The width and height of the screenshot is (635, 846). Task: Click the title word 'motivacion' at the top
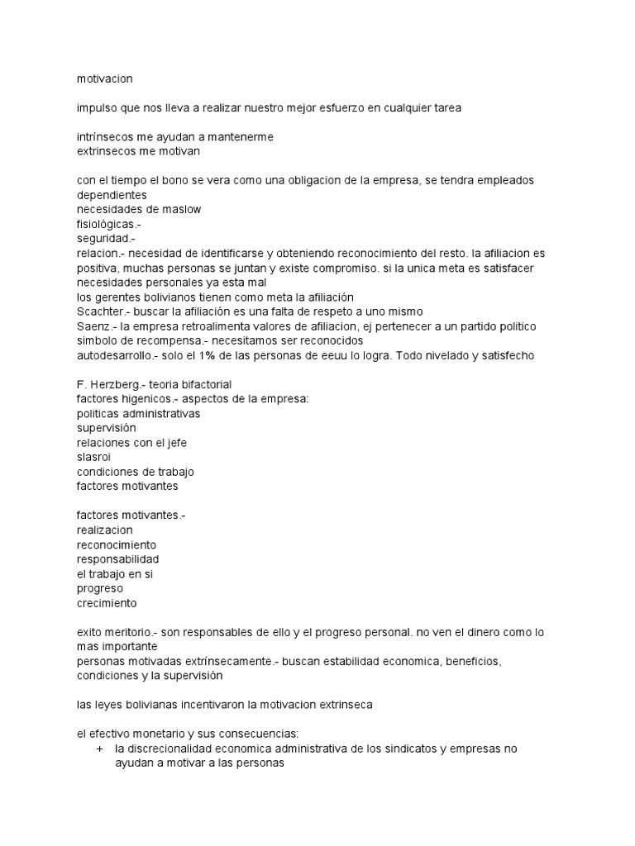pos(104,78)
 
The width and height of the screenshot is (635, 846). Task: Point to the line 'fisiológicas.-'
pos(109,224)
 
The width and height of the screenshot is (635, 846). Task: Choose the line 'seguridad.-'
pos(103,239)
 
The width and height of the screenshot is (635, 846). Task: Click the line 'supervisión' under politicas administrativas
pos(107,428)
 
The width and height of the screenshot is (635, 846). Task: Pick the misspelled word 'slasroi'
pos(93,457)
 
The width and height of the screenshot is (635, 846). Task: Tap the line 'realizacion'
pos(104,530)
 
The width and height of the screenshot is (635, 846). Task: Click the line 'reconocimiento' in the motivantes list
pos(116,544)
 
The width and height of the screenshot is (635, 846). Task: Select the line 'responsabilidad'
pos(117,559)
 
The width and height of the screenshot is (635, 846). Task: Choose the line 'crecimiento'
pos(107,603)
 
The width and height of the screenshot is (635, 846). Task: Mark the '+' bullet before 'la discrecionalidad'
pos(99,749)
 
